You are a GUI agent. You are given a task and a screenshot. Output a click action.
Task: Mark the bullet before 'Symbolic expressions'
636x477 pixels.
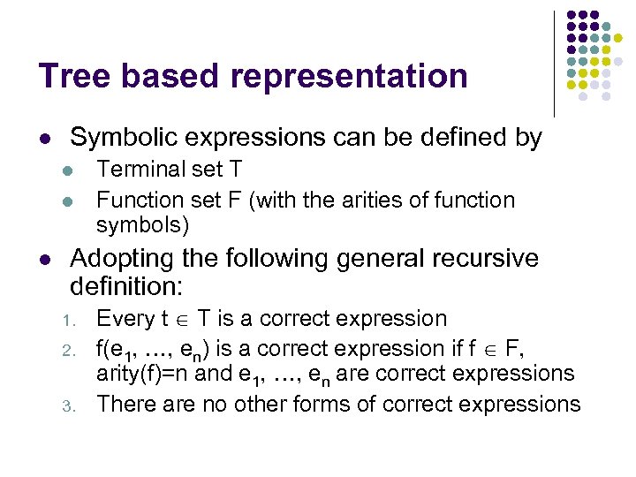[x=44, y=140]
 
